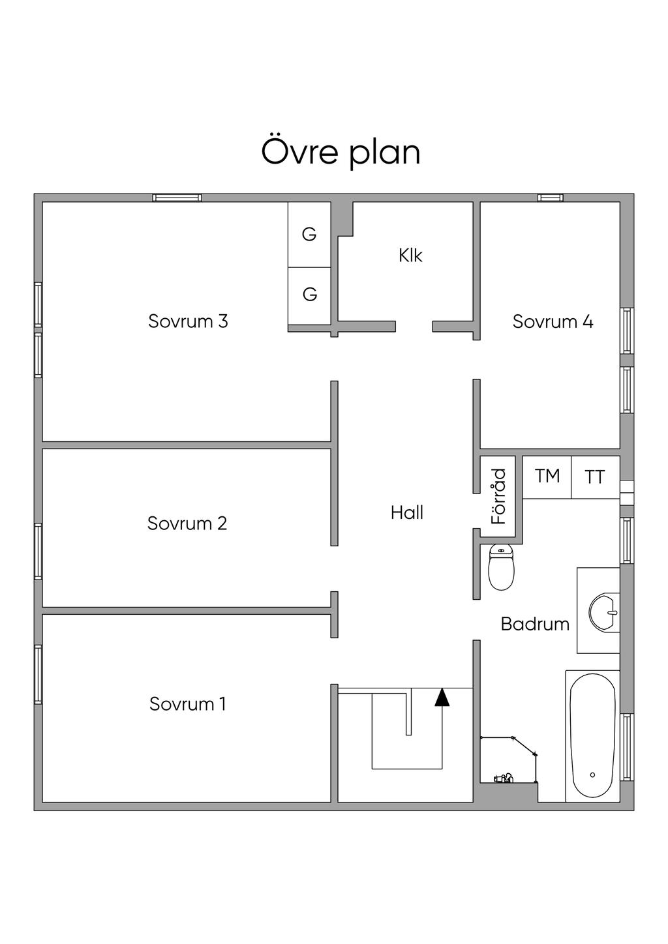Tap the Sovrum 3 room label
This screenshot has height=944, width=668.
coord(188,321)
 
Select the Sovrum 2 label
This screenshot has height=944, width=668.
coord(187,524)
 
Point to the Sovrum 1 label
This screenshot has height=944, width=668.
coord(188,704)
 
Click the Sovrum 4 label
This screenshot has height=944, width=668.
coord(553,321)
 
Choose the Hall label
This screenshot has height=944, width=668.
coord(407,513)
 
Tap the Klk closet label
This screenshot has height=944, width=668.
coord(410,256)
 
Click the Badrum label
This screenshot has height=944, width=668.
coord(535,624)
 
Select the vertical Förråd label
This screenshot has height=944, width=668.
coord(499,496)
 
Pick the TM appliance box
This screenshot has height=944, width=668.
coord(547,477)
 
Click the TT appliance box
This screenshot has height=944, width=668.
coord(596,477)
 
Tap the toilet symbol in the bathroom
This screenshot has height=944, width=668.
coord(501,567)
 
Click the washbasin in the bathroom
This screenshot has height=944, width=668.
coord(604,612)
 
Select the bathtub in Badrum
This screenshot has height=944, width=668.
coord(592,737)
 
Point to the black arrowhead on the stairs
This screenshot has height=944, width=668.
coord(442,698)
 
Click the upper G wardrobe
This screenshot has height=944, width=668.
coord(309,234)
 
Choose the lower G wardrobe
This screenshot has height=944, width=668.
coord(309,296)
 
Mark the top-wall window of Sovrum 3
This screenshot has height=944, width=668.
coord(177,198)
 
